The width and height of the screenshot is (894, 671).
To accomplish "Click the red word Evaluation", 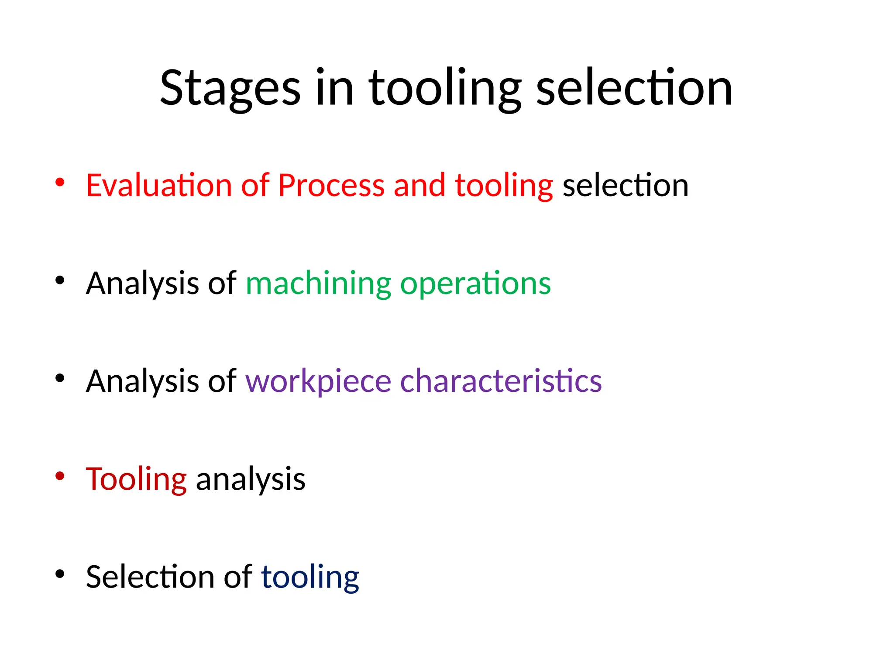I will [x=158, y=185].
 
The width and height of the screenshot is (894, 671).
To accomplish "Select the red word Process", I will [x=331, y=185].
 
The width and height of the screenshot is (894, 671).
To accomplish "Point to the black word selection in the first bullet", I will [x=626, y=185].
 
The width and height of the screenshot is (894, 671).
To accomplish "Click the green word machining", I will [x=318, y=284].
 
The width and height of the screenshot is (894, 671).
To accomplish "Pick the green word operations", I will [x=475, y=284].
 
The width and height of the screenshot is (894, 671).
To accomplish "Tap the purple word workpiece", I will [x=318, y=381].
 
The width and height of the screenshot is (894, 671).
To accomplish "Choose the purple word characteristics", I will [x=501, y=381].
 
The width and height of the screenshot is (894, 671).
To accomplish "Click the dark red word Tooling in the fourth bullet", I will [x=136, y=480].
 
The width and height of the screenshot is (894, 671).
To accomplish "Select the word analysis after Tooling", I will [x=251, y=480].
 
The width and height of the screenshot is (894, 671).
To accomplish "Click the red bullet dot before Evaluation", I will [x=60, y=182].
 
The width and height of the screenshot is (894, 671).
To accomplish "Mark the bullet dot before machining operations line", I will [x=60, y=280].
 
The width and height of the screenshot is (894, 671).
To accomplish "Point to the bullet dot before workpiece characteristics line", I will [x=60, y=378].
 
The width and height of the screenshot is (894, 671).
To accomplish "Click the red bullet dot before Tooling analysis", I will [x=60, y=476].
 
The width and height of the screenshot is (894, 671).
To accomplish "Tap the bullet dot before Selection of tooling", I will [x=60, y=574].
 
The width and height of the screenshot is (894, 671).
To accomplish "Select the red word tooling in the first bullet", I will [x=504, y=186].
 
